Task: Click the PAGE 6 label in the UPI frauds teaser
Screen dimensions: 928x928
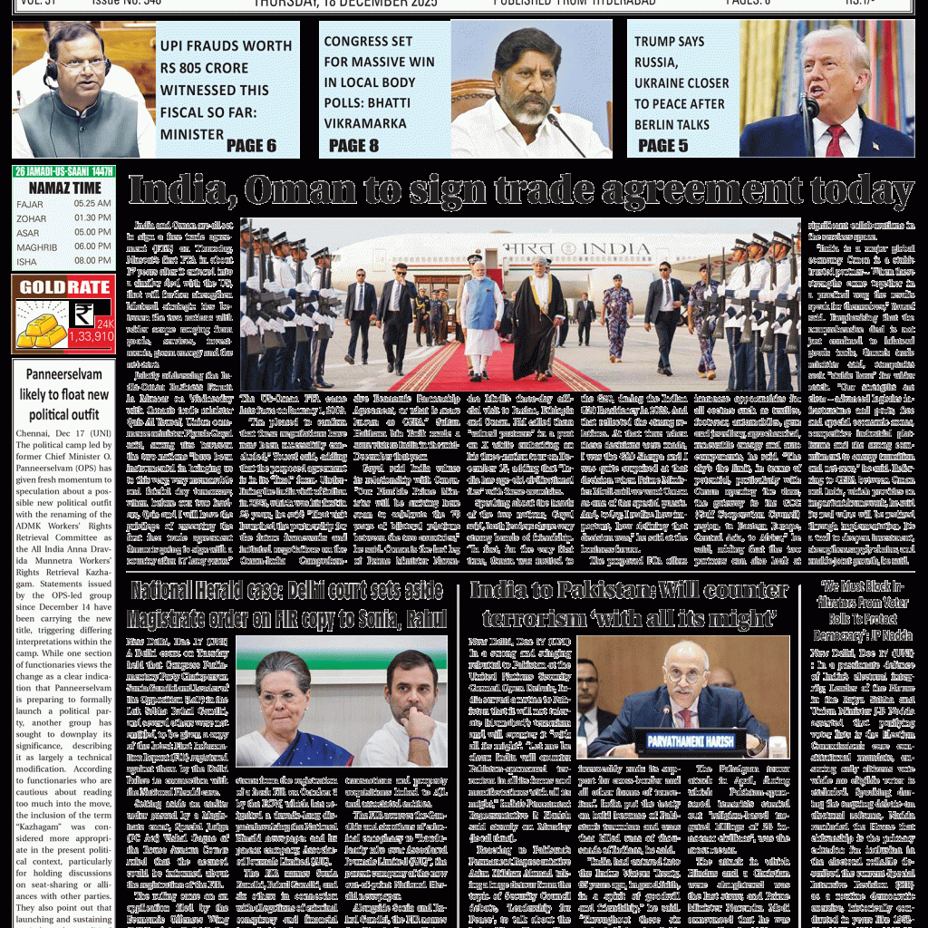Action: click(251, 145)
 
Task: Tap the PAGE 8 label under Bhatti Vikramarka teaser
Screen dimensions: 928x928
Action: click(353, 145)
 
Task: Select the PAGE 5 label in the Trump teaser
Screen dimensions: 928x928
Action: click(662, 145)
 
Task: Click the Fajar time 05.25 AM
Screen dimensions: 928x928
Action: click(92, 204)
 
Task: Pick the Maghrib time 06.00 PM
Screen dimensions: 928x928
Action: click(92, 246)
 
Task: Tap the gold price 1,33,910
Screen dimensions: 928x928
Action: click(91, 336)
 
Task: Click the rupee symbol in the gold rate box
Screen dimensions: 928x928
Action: click(83, 314)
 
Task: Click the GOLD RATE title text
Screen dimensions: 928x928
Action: click(63, 287)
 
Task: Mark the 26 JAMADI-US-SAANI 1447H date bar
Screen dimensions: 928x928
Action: click(63, 171)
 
